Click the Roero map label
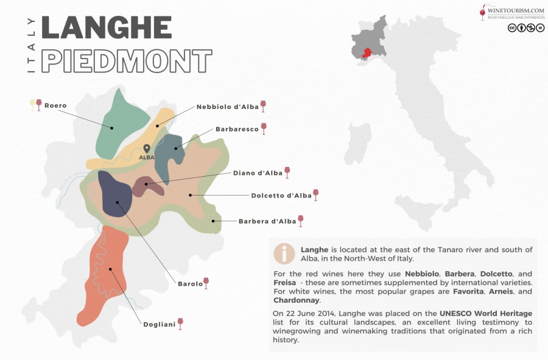55,105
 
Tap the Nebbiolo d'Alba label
227,107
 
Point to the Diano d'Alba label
258,173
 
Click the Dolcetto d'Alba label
281,196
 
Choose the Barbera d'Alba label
267,221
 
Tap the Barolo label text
190,284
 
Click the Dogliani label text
159,325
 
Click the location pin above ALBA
146,148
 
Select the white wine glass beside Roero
32,105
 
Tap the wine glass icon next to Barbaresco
264,128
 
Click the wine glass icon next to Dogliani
180,323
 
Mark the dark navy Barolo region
114,194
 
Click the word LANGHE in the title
107,27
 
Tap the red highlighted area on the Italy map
367,54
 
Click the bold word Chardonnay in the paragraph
296,300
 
